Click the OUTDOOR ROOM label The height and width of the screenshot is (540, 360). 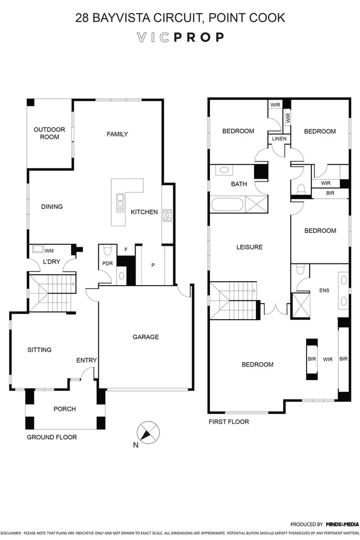(49, 133)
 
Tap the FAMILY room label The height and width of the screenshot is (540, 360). (117, 134)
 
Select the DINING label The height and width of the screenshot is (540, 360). (52, 206)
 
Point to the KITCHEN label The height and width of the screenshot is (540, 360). (144, 212)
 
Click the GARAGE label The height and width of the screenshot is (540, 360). (146, 337)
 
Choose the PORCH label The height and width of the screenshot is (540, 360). (65, 409)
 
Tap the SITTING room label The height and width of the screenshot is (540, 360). (39, 350)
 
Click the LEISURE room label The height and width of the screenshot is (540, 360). (249, 247)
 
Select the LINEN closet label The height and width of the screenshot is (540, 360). (279, 139)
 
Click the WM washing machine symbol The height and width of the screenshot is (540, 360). (38, 249)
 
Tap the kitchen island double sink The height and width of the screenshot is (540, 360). (119, 202)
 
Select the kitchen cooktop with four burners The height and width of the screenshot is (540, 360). (167, 214)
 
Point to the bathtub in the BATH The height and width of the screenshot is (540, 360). (227, 205)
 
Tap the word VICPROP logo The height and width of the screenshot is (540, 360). (180, 38)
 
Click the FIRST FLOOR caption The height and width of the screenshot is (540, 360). (229, 422)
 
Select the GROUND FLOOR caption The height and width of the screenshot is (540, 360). (52, 437)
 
